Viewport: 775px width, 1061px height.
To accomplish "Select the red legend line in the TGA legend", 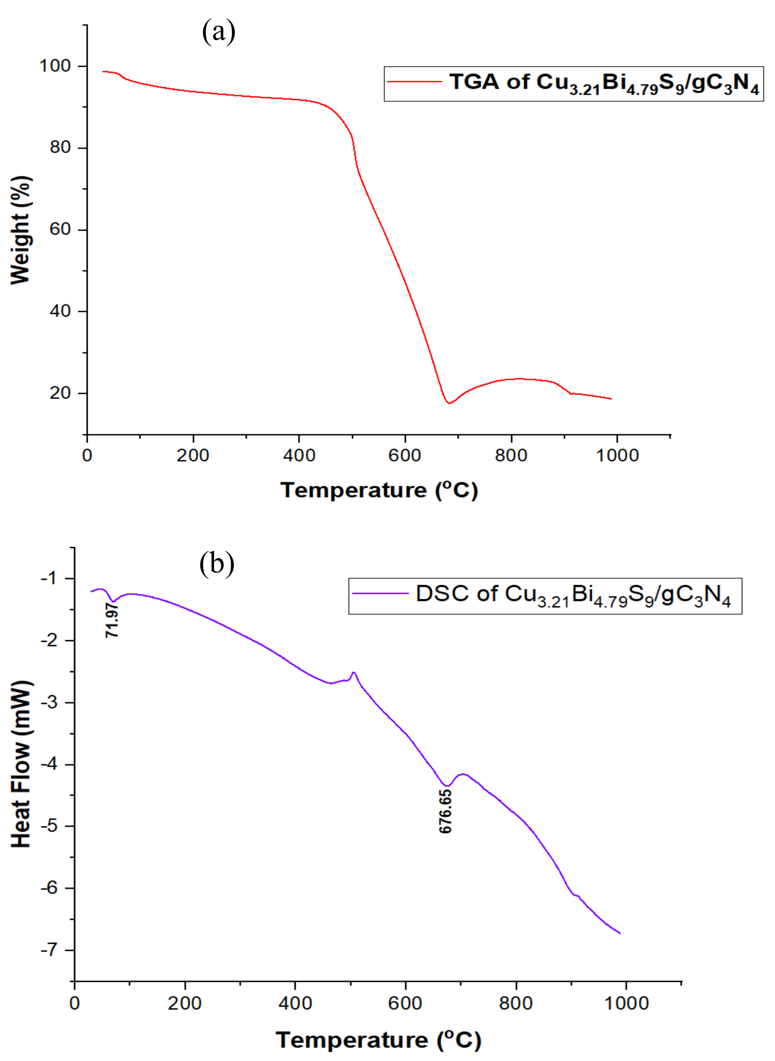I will point(414,82).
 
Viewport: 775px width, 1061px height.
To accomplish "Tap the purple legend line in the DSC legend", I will point(380,593).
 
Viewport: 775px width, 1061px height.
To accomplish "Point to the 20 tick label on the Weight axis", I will point(60,393).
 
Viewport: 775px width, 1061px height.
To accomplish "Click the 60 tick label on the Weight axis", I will point(60,230).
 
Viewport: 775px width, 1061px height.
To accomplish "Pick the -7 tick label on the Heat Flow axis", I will point(49,950).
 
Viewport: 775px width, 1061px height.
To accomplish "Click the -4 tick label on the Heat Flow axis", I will point(49,764).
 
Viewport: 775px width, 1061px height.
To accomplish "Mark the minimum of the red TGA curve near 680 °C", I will point(449,403).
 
